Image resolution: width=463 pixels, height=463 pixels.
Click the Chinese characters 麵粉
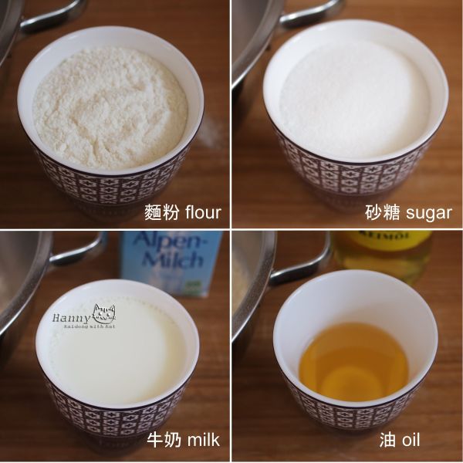click(x=160, y=212)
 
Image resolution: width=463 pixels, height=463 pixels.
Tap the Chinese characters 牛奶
click(x=164, y=441)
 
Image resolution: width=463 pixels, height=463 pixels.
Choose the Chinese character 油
click(x=389, y=441)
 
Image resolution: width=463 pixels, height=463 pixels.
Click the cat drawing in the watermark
click(x=104, y=316)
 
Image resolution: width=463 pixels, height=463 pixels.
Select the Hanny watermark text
click(x=71, y=317)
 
